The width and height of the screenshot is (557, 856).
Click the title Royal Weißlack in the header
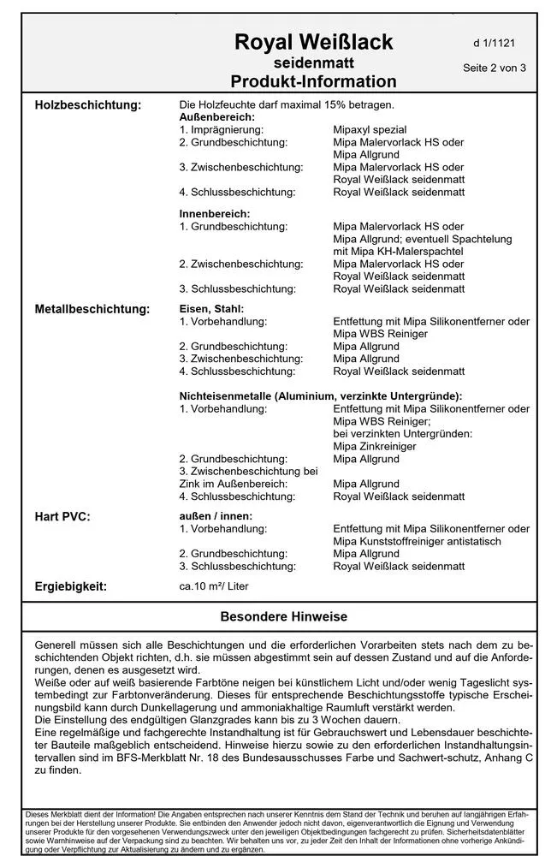point(314,42)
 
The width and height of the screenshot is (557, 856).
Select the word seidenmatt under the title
point(314,63)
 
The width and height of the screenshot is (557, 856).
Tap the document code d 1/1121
point(494,42)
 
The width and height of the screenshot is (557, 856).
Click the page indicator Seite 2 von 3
point(494,68)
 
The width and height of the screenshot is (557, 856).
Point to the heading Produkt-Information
point(314,82)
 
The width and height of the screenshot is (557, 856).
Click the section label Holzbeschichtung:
point(87,105)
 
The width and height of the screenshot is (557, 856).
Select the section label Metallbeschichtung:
point(92,309)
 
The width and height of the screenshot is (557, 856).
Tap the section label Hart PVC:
point(62,517)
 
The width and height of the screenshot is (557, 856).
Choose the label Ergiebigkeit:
point(71,586)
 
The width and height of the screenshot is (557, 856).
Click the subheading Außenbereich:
point(216,116)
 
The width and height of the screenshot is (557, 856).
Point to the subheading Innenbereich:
point(215,213)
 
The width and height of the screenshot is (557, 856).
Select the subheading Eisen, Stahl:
point(211,309)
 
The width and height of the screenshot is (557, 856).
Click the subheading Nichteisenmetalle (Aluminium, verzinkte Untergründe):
point(320,396)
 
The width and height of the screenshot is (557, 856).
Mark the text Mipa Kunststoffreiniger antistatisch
point(418,542)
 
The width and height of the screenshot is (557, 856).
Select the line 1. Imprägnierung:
point(222,129)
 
